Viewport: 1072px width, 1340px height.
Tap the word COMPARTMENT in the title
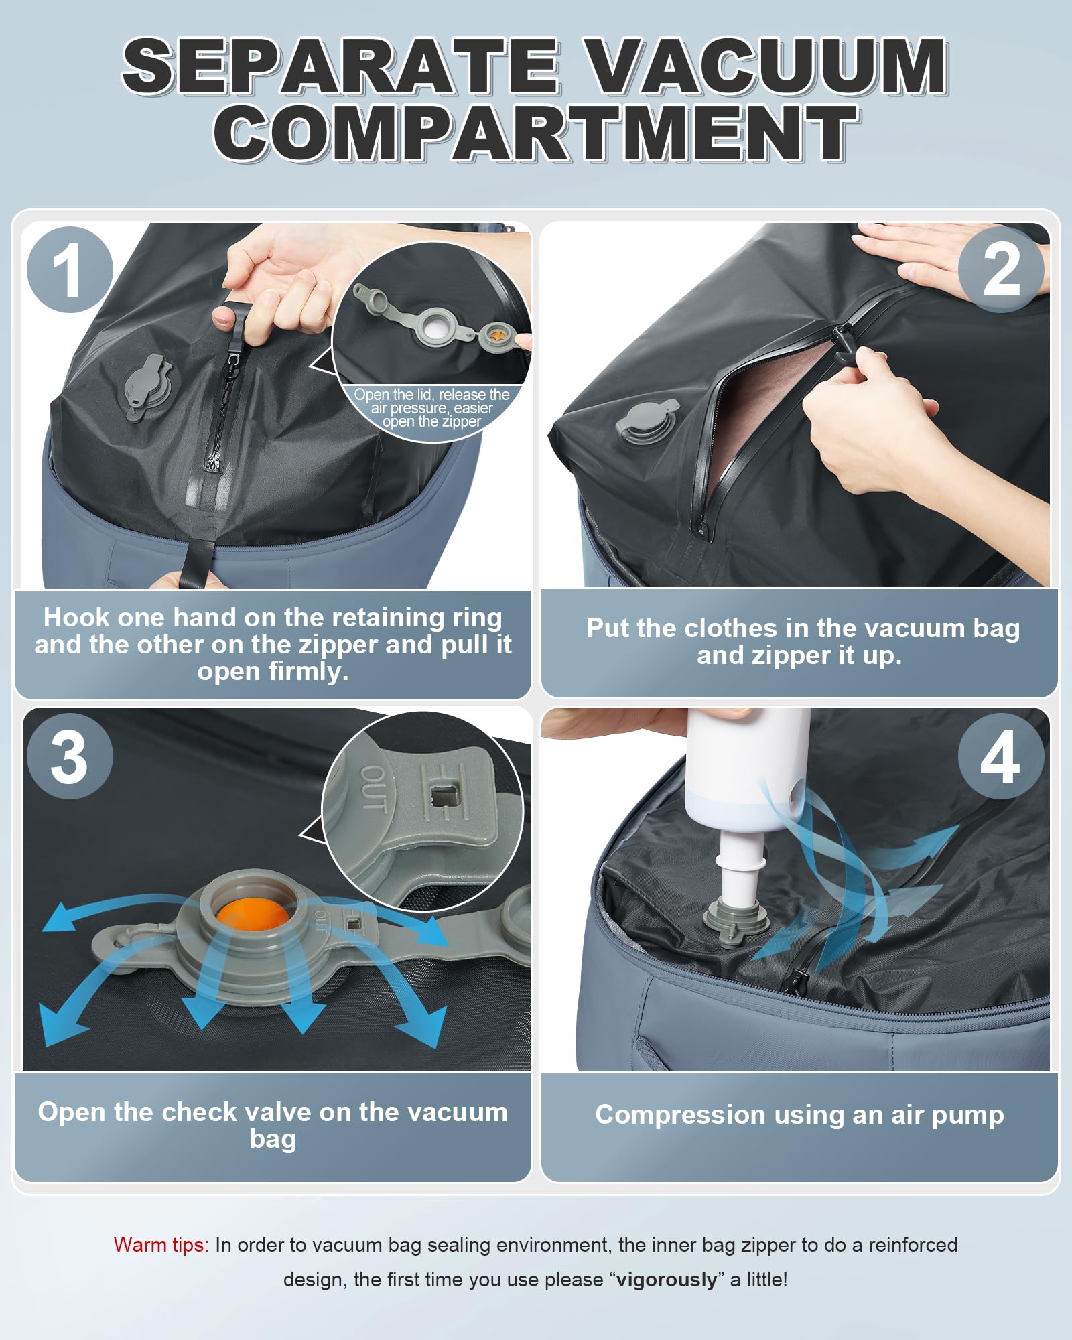[x=536, y=133]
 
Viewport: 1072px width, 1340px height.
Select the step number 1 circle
[x=70, y=270]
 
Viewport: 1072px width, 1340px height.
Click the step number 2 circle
[x=1001, y=270]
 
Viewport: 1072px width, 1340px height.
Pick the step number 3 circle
[x=70, y=756]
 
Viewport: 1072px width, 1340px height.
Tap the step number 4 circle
[x=1001, y=756]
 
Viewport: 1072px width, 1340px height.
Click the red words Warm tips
[x=161, y=1245]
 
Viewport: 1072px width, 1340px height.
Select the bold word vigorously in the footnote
[x=666, y=1280]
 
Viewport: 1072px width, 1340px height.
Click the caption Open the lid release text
[x=431, y=408]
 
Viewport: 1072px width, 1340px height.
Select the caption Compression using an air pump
[x=799, y=1115]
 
